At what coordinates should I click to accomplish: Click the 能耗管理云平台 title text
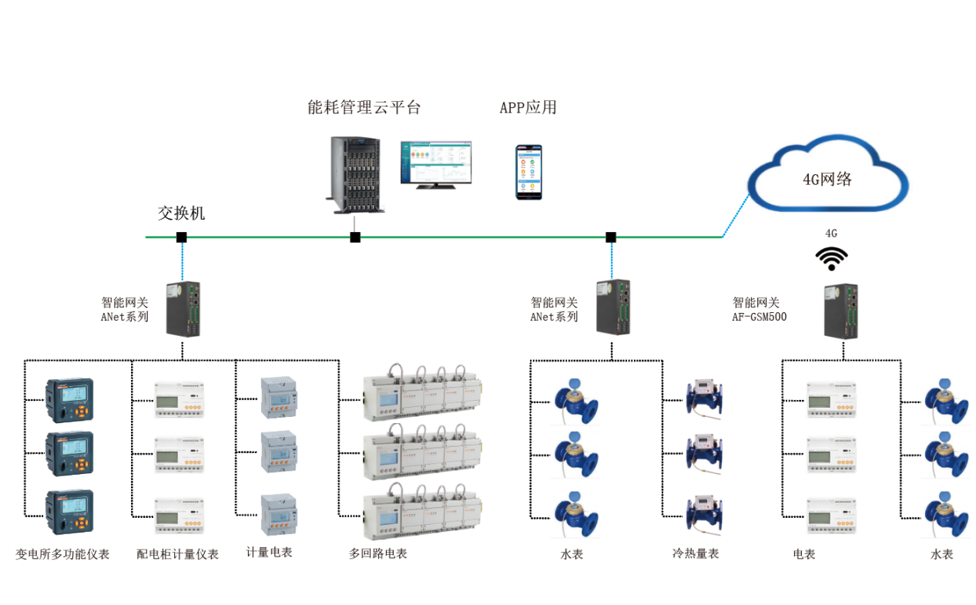click(x=364, y=107)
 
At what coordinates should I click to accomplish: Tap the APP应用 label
click(x=528, y=107)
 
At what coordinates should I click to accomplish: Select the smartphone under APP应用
click(x=528, y=172)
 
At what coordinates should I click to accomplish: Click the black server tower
click(x=357, y=174)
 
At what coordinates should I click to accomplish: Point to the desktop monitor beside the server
click(x=435, y=164)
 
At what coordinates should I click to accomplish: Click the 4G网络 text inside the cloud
click(x=827, y=180)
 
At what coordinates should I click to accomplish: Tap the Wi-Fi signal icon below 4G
click(x=832, y=259)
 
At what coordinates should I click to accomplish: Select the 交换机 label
click(x=182, y=213)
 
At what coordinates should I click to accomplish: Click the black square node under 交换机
click(x=181, y=237)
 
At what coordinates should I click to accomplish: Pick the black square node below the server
click(x=355, y=237)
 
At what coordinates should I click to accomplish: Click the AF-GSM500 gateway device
click(x=841, y=311)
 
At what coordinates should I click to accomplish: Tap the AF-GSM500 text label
click(x=760, y=317)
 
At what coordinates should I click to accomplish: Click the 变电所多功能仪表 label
click(x=62, y=554)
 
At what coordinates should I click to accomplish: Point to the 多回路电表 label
click(x=377, y=553)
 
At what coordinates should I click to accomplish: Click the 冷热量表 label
click(x=696, y=553)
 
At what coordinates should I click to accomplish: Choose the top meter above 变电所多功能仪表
click(x=70, y=401)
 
